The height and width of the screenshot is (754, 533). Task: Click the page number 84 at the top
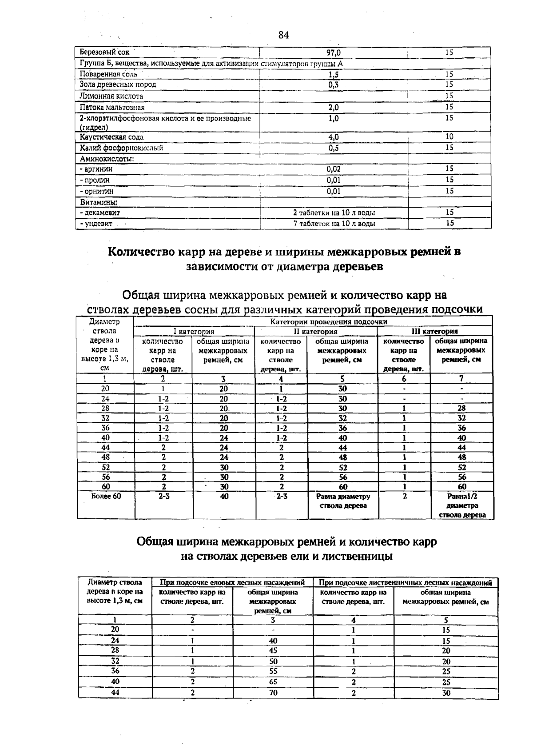284,35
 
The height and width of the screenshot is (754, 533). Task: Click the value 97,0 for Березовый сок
334,52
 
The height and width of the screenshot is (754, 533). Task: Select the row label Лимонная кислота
111,96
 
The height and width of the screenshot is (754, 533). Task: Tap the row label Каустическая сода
111,137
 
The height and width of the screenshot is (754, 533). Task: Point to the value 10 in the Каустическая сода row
449,136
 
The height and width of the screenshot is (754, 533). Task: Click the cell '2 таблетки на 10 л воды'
334,213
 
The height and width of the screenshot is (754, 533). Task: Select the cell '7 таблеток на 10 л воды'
334,224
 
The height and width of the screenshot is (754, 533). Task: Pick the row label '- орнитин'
96,191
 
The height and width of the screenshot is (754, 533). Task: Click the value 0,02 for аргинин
334,169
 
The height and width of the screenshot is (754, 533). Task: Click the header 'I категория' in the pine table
194,332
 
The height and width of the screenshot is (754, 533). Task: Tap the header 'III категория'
435,331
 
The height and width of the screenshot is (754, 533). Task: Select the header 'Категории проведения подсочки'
329,321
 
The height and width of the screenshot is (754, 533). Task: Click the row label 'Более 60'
106,496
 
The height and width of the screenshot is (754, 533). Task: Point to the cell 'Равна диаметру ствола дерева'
343,501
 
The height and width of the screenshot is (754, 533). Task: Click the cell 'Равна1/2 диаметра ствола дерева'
462,505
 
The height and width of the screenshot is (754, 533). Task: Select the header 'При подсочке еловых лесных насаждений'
232,582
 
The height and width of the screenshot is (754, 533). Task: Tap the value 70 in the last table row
273,693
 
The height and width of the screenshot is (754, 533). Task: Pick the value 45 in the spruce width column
273,650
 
